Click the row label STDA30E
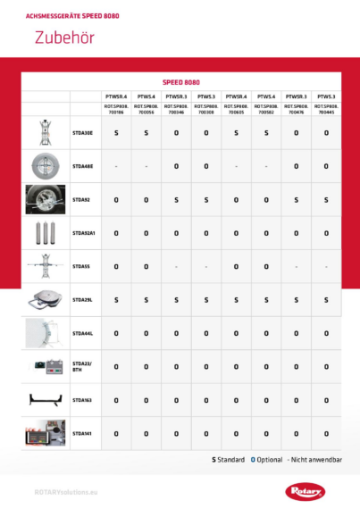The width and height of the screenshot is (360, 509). pyautogui.click(x=81, y=132)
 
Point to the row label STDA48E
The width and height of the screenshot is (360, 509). pyautogui.click(x=81, y=166)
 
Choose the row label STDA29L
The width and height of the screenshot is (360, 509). pyautogui.click(x=81, y=300)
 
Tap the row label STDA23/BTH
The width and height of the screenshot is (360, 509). pyautogui.click(x=81, y=366)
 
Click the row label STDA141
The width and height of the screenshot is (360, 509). pyautogui.click(x=81, y=433)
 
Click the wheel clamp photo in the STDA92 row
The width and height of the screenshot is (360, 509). pyautogui.click(x=46, y=200)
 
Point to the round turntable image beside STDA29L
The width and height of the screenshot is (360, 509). pyautogui.click(x=46, y=300)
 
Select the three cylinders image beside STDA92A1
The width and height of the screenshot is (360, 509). pyautogui.click(x=46, y=233)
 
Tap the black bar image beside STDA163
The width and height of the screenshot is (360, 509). pyautogui.click(x=46, y=400)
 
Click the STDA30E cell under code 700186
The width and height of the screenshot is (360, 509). pyautogui.click(x=116, y=132)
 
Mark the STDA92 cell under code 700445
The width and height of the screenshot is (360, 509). pyautogui.click(x=326, y=200)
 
